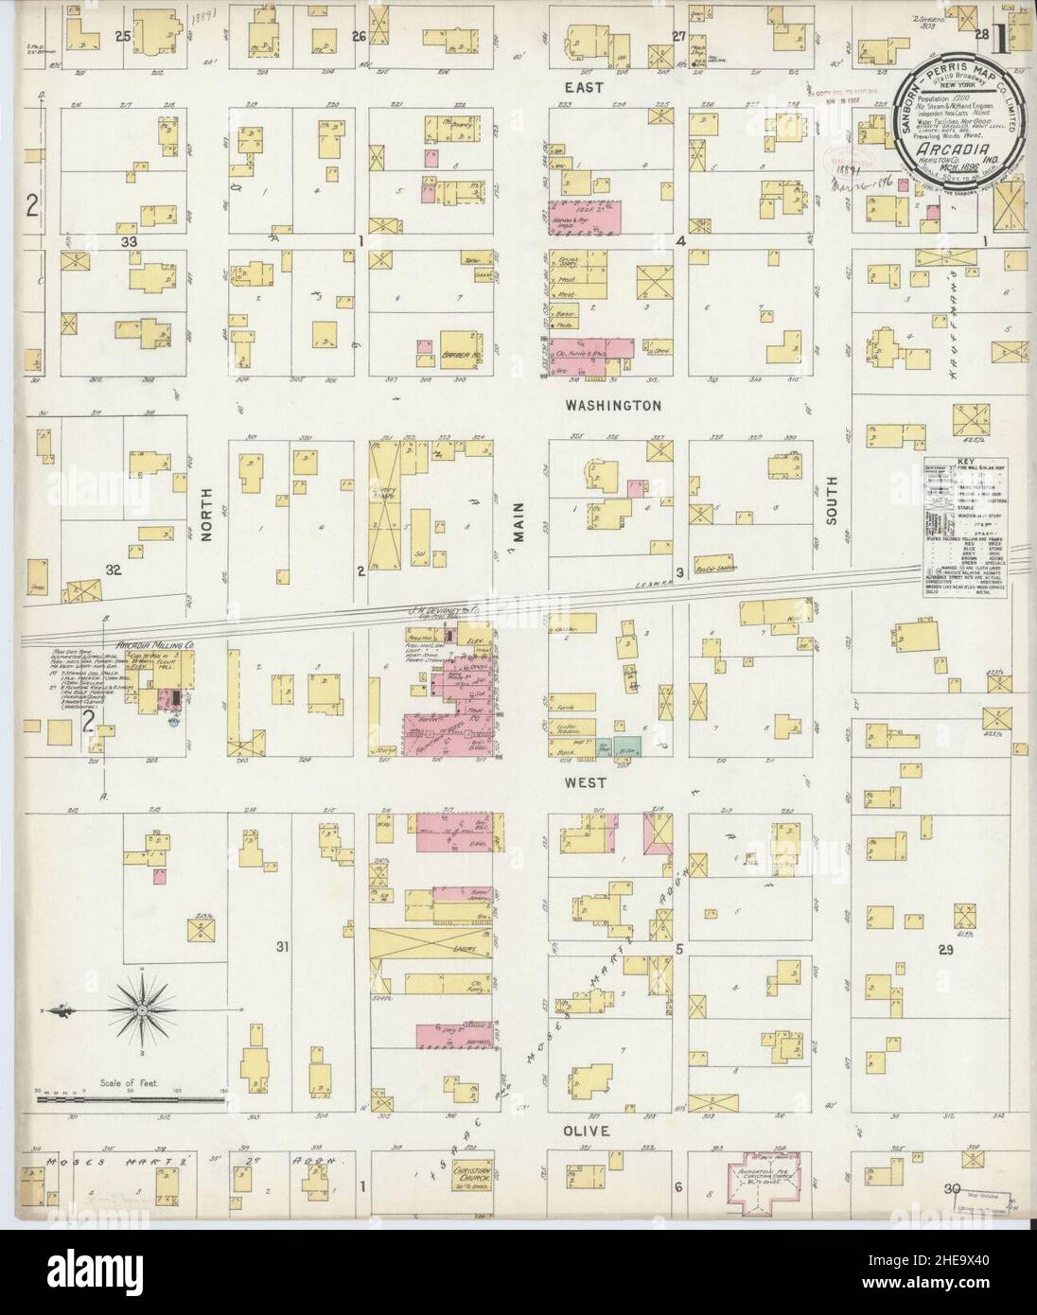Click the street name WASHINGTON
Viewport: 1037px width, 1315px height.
pyautogui.click(x=612, y=405)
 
